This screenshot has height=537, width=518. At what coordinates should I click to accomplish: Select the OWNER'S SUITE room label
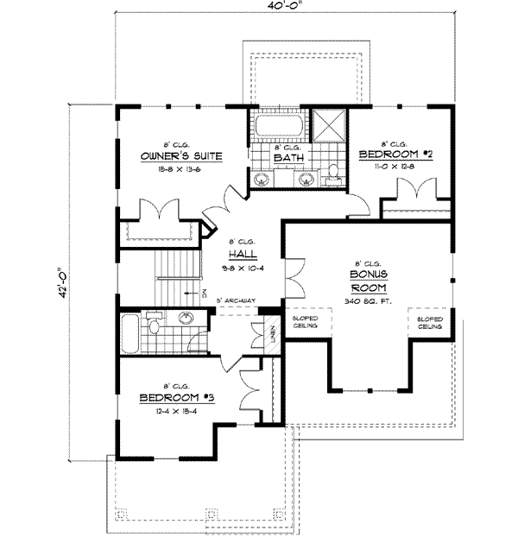click(x=181, y=156)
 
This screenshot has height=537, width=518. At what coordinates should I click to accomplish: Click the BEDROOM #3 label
click(x=175, y=399)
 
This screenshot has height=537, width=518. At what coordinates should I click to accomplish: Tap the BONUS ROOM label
click(x=368, y=281)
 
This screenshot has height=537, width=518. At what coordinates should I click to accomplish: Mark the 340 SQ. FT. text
click(x=368, y=301)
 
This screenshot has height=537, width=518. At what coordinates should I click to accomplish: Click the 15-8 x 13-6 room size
click(x=181, y=170)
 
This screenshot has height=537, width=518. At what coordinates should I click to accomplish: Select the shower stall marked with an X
click(x=328, y=126)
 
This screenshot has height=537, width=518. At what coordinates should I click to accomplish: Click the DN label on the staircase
click(x=204, y=293)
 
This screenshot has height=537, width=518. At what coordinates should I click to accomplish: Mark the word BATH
click(x=286, y=158)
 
